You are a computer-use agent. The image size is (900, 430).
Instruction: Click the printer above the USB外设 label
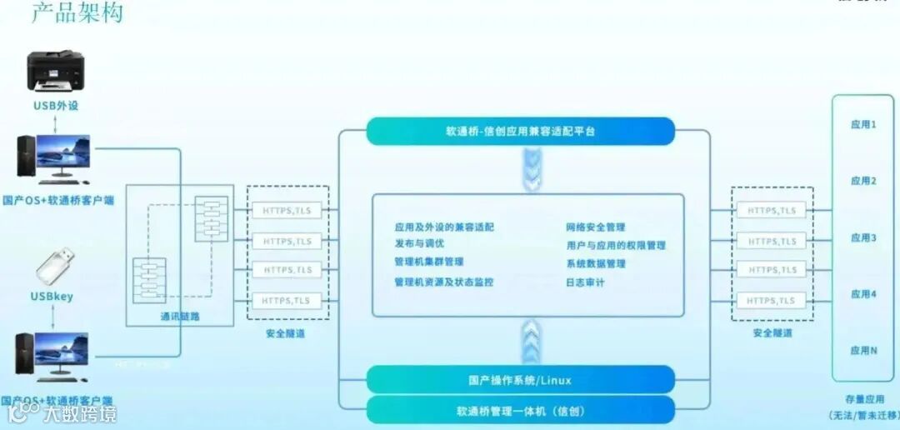click(x=56, y=70)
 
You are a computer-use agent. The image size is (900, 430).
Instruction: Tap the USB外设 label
click(x=56, y=106)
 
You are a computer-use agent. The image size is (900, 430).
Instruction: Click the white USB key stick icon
click(x=56, y=265)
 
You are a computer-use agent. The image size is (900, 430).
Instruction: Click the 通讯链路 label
click(x=180, y=317)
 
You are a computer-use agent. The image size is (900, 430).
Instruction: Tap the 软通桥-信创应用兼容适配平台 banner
click(x=520, y=132)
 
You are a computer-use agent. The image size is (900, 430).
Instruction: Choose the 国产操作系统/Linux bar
click(x=520, y=380)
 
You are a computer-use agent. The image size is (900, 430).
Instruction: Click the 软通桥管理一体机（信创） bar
click(x=520, y=411)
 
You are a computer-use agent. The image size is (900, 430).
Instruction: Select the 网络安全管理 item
click(x=595, y=227)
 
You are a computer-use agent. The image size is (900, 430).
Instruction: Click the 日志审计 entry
click(x=585, y=282)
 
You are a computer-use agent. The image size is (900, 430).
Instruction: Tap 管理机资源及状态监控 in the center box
click(x=443, y=282)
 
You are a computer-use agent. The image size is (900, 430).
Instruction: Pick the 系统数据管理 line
click(x=595, y=263)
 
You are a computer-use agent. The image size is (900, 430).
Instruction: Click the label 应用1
click(x=863, y=124)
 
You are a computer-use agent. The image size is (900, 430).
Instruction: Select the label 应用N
click(x=863, y=351)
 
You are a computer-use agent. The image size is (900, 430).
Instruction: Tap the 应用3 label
click(x=863, y=237)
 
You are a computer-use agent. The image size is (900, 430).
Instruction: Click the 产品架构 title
click(x=77, y=13)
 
